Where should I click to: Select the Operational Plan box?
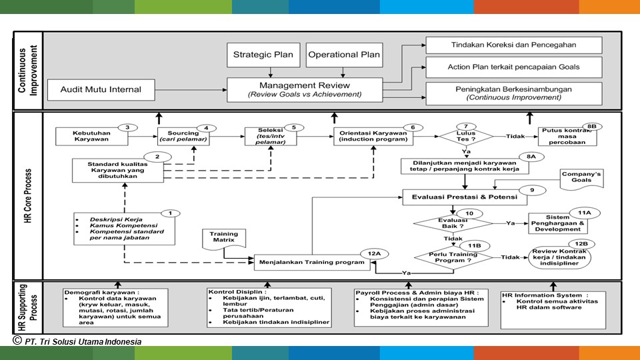(x=344, y=55)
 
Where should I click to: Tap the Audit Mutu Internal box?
(x=101, y=89)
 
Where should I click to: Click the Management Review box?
(x=305, y=89)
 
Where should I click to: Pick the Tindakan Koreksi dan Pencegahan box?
(x=513, y=45)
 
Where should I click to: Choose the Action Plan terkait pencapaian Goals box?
(x=513, y=67)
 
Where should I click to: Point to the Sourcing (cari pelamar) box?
(x=183, y=137)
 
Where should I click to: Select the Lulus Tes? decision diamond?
(x=465, y=137)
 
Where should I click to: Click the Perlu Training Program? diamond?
(x=451, y=257)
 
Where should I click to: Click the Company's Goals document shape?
(x=581, y=179)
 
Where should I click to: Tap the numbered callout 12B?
(x=581, y=244)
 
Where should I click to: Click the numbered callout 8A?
(x=531, y=156)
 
